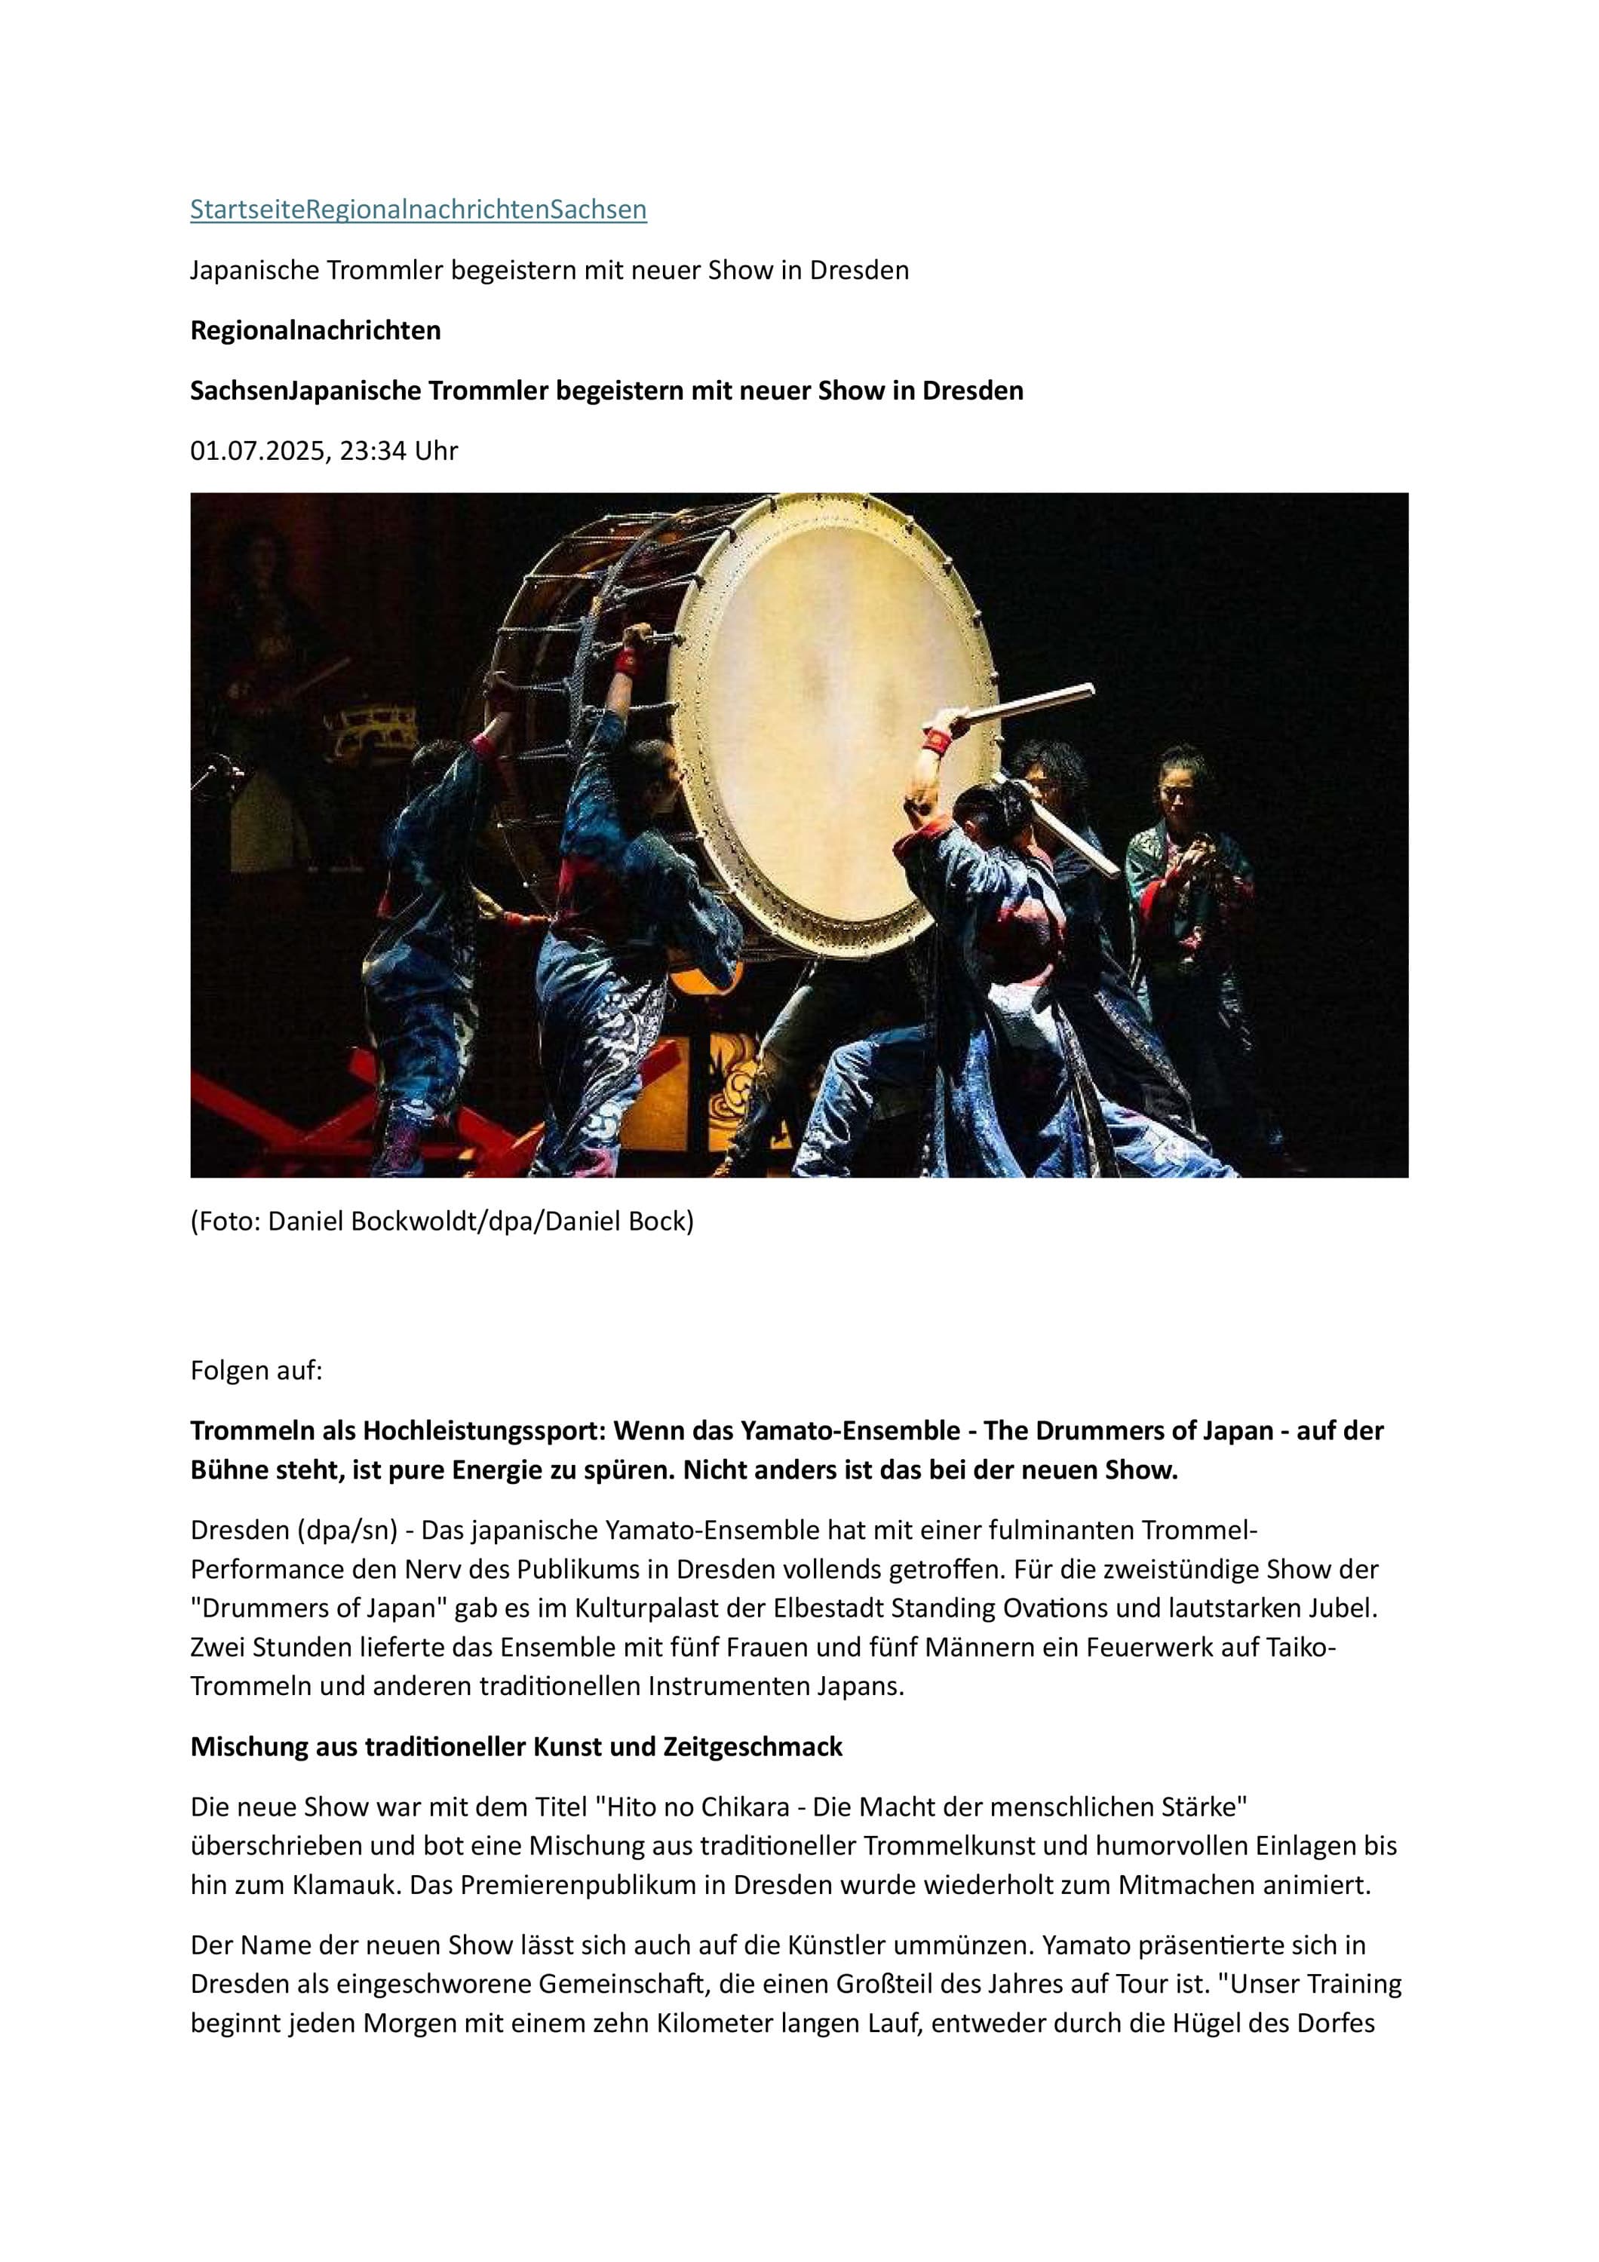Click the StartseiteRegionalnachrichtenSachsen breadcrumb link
[x=418, y=209]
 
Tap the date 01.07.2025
[x=257, y=451]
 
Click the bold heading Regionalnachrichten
[x=315, y=330]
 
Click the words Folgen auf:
[x=256, y=1371]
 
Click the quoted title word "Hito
[x=637, y=1808]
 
